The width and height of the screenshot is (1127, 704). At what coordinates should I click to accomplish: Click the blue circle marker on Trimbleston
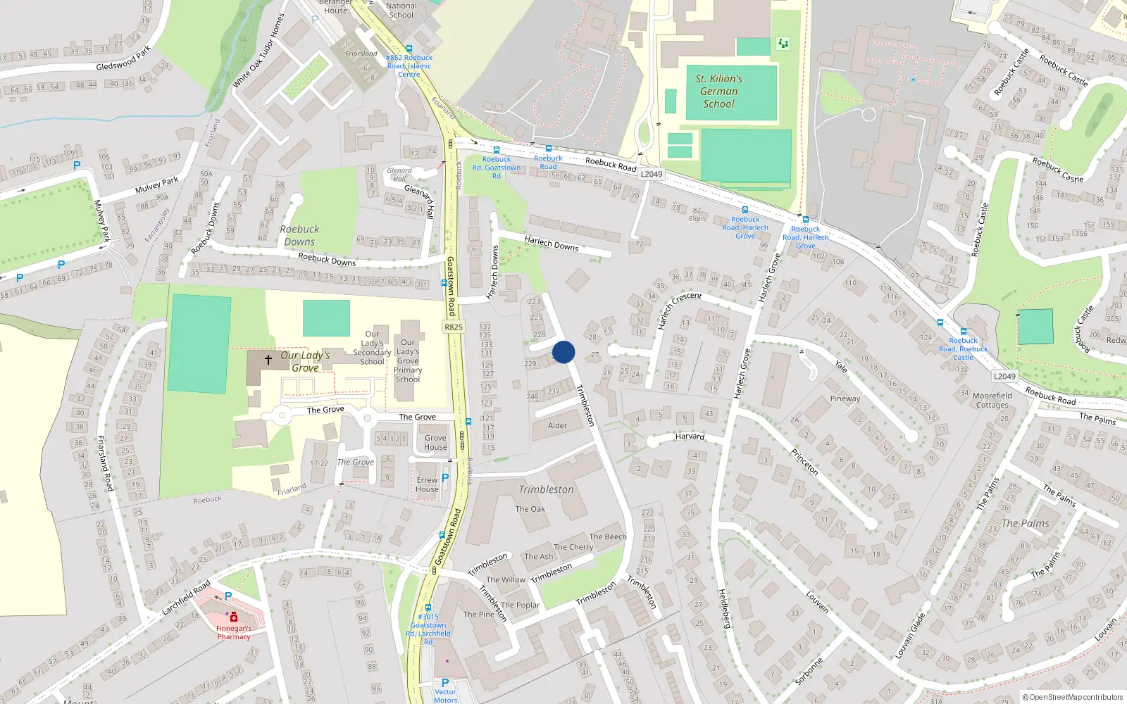pos(563,352)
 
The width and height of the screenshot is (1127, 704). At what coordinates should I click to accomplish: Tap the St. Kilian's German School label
pos(718,92)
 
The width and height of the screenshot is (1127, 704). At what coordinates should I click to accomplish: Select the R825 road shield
pos(454,327)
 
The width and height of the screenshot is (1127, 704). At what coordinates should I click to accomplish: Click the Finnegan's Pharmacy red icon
pos(234,617)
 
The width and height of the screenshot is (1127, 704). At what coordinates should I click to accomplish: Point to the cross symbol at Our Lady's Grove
pos(268,360)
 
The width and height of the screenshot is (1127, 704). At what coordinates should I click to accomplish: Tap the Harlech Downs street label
pos(551,244)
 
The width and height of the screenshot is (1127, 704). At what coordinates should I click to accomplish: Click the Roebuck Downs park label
pos(299,235)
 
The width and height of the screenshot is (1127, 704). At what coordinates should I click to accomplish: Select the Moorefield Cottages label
pos(992,400)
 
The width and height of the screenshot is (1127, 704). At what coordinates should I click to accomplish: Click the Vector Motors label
pos(445,696)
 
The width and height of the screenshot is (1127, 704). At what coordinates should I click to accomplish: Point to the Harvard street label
pos(690,436)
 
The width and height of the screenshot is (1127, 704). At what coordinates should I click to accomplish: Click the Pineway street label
pos(845,398)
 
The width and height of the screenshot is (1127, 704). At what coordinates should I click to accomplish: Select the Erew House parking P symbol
pos(444,477)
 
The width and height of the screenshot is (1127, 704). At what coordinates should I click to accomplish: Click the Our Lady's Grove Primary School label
pos(408,360)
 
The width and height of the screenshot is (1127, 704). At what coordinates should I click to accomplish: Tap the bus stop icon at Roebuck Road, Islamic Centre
pos(409,49)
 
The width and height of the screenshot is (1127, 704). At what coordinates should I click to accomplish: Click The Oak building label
pos(530,509)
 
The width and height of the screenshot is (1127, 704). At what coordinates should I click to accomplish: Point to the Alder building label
pos(557,425)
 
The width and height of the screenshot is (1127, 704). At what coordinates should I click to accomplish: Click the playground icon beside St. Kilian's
pos(783,44)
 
